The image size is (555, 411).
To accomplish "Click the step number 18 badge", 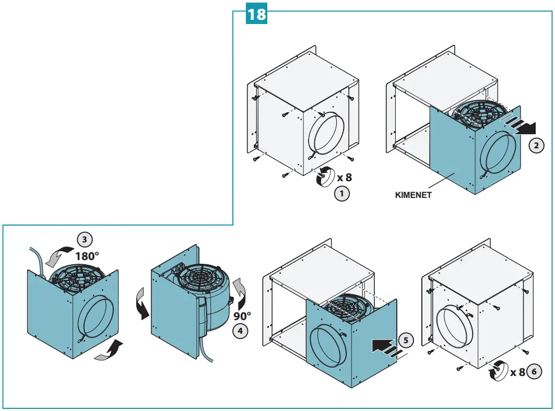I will [256, 14].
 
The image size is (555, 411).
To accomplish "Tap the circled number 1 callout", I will [341, 194].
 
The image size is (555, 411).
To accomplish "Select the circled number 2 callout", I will [536, 146].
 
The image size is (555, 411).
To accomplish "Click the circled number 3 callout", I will [85, 240].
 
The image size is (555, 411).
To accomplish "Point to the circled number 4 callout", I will [239, 331].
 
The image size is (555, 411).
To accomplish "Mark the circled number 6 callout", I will [534, 372].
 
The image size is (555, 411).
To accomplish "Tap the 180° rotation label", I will [87, 256].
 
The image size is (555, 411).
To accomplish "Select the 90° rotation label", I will [242, 315].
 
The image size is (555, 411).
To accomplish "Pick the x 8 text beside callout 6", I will [517, 372].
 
